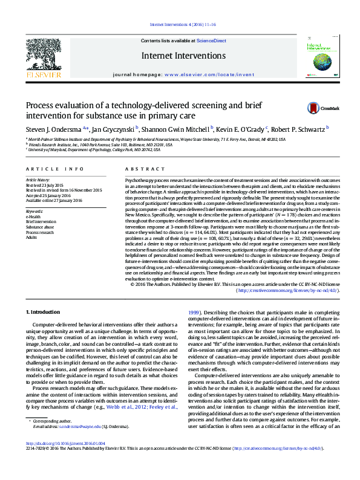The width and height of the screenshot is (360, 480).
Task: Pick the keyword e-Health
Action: coord(33,216)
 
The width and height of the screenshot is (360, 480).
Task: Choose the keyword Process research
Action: coord(40,232)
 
